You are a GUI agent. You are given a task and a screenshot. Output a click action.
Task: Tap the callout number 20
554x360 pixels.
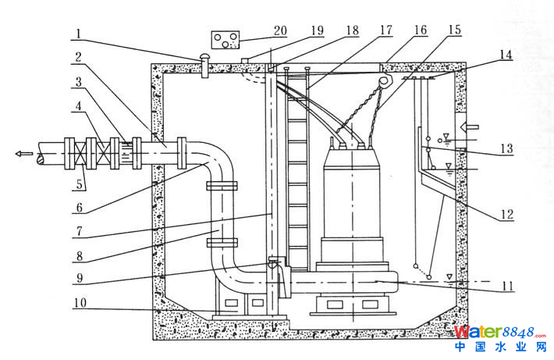[x=280, y=31]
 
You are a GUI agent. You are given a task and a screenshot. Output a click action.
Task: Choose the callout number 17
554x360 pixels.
[x=387, y=31]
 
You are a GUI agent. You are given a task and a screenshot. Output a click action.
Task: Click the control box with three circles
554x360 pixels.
[x=228, y=40]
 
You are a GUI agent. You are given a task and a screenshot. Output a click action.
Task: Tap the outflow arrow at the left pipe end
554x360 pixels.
[x=24, y=154]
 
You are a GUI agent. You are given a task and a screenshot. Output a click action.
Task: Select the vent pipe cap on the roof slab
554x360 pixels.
[x=204, y=59]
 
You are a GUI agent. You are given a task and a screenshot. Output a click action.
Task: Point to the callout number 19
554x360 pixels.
[x=317, y=31]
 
